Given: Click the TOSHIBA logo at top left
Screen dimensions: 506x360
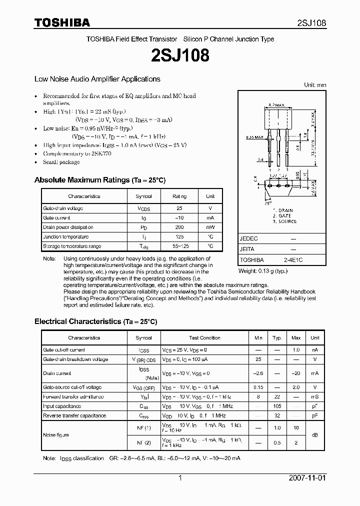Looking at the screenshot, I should tap(62, 22).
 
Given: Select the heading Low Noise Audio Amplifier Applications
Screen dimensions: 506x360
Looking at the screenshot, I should tap(97, 79).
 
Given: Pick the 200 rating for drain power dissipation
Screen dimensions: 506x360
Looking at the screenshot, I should tap(179, 227).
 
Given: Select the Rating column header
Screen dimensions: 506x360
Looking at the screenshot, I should tap(179, 196).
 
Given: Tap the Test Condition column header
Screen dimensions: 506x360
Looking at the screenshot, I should tap(204, 338).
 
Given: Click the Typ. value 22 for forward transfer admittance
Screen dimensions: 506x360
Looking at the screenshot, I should tap(276, 397).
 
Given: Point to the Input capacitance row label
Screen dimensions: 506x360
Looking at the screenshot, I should tap(62, 406).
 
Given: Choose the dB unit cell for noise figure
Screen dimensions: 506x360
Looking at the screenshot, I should tap(315, 435).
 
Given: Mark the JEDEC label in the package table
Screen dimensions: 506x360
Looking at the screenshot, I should tap(249, 239).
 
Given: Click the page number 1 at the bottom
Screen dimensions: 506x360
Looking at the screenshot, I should tap(180, 478).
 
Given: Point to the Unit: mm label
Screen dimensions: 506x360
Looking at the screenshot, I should tap(315, 85).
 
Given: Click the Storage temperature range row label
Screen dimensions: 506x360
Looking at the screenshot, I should tap(72, 246).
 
